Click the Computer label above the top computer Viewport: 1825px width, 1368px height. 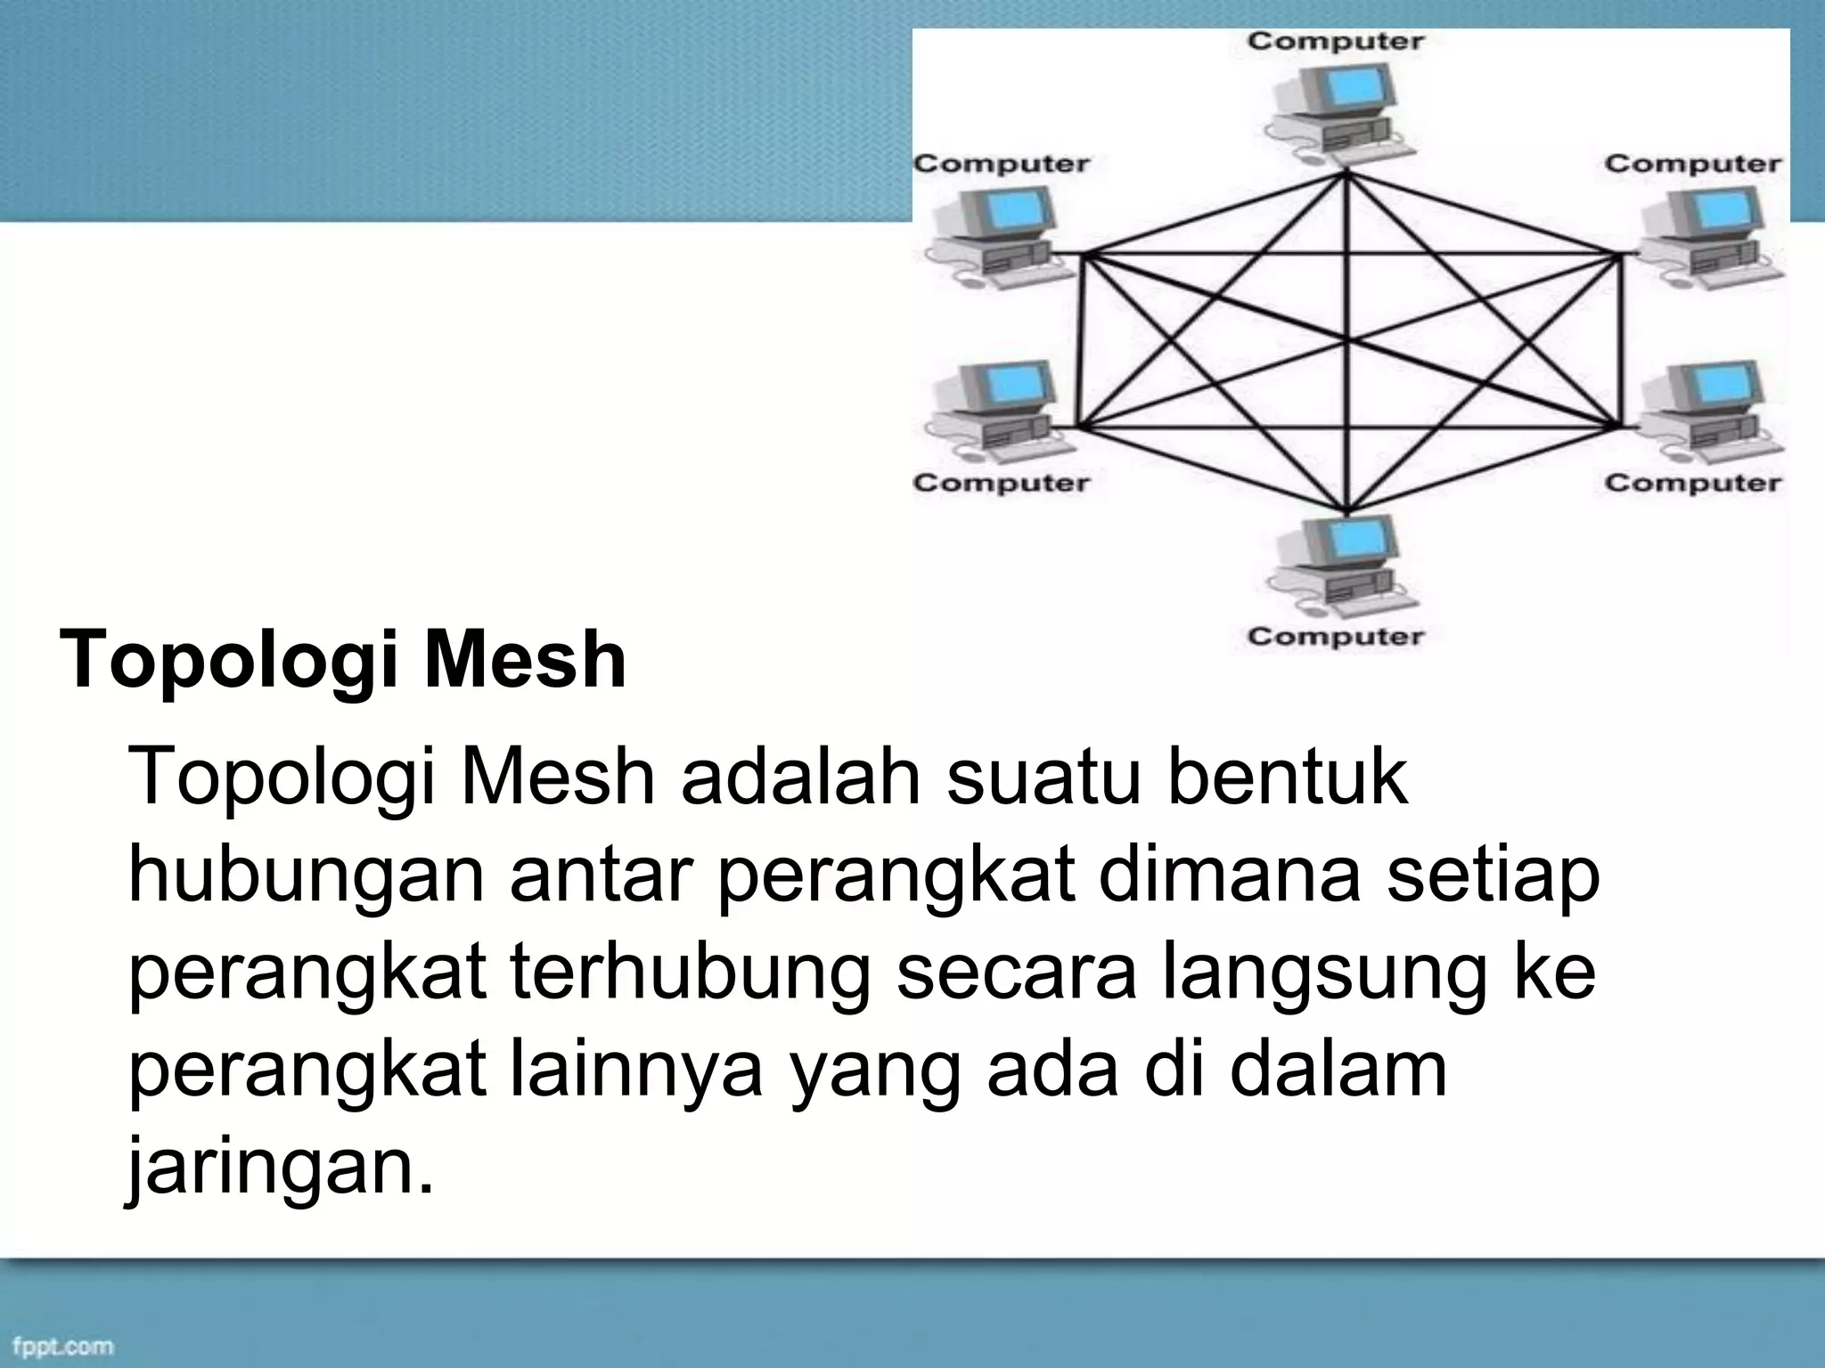[x=1335, y=41]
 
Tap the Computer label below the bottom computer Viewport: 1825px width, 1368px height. [x=1335, y=637]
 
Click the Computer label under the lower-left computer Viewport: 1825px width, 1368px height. [x=1001, y=484]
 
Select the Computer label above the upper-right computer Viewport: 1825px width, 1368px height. [x=1692, y=164]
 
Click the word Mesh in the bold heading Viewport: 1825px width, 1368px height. [x=525, y=661]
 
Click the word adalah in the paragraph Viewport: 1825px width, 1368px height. [x=800, y=777]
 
